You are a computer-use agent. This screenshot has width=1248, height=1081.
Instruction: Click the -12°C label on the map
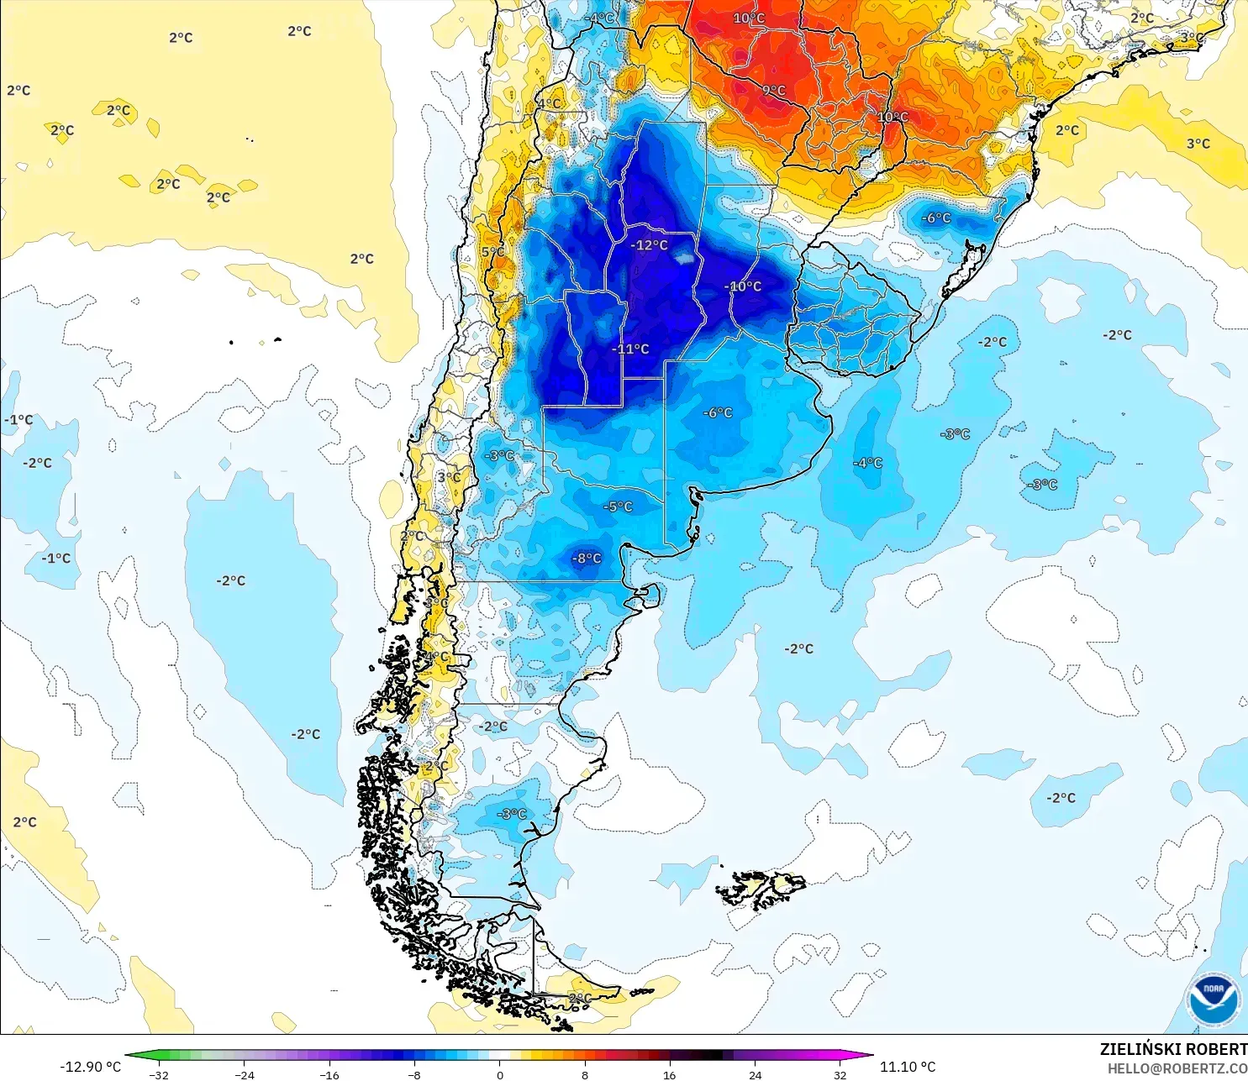[650, 245]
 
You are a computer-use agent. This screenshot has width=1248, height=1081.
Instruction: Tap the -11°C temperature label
[630, 349]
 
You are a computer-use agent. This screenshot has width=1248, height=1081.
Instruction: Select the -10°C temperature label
[743, 286]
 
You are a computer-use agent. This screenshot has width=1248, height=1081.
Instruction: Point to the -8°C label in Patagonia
[587, 559]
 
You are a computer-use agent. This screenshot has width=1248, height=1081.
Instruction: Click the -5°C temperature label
[618, 507]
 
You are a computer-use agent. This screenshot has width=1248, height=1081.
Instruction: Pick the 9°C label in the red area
[774, 91]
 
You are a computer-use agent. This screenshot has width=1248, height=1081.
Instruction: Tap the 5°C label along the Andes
[493, 252]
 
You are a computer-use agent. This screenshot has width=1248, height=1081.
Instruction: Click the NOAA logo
[1213, 1000]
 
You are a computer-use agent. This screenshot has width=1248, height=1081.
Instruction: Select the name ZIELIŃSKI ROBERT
[1173, 1049]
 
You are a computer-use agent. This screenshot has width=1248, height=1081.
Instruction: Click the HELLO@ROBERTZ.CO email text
[1177, 1068]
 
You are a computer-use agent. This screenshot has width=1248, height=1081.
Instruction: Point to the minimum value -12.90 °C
[91, 1067]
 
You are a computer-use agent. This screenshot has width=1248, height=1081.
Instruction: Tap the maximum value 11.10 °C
[908, 1067]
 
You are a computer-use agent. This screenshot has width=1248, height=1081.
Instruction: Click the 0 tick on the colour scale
[500, 1074]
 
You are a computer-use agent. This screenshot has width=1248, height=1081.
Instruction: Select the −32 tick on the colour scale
[158, 1074]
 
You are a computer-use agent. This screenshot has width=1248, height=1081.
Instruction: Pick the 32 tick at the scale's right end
[840, 1074]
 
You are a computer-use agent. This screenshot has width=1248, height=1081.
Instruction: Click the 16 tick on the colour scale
[670, 1074]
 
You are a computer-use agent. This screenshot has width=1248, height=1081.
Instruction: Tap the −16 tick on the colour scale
[329, 1074]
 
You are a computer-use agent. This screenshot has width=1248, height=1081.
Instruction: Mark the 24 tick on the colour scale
[755, 1074]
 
